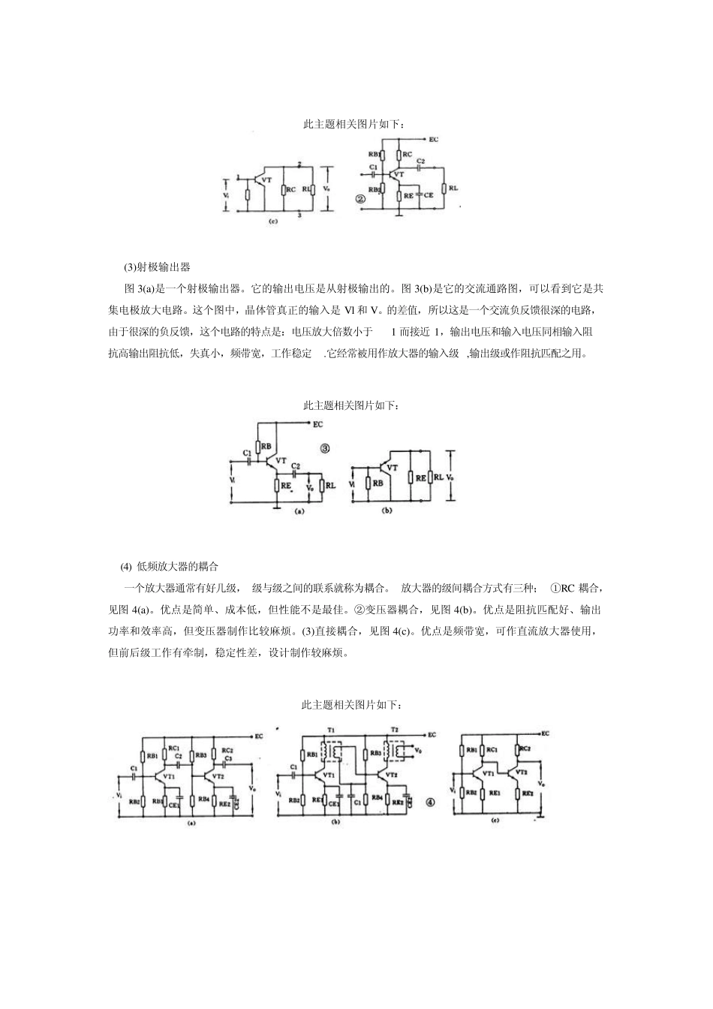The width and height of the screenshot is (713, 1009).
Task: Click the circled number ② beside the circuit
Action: [361, 200]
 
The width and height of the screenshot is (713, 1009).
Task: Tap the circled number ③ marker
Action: [326, 448]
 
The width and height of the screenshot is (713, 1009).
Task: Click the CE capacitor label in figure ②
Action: [429, 194]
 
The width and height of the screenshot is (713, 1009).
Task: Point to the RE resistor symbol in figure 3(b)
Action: [410, 477]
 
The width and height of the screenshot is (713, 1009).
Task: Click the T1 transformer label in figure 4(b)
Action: [332, 730]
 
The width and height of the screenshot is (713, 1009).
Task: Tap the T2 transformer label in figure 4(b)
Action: [395, 730]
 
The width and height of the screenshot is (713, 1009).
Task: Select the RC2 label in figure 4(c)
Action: [525, 748]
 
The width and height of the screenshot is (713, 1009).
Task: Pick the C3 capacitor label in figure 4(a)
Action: [228, 759]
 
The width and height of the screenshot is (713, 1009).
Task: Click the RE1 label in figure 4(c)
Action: [495, 793]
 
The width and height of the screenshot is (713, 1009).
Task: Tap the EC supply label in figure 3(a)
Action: [318, 424]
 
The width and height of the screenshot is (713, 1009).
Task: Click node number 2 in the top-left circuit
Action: [299, 164]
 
